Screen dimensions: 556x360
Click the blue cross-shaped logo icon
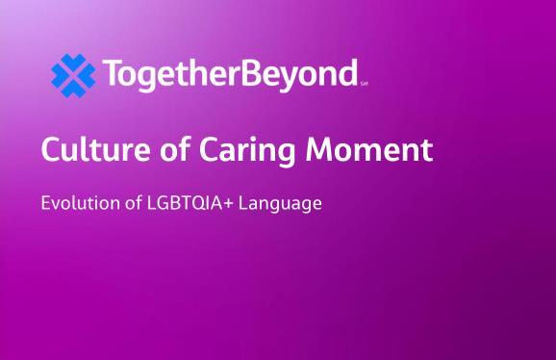click(73, 75)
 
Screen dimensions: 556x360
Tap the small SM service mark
click(364, 84)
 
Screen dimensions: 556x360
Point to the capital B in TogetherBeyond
click(254, 72)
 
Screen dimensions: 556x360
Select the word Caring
click(247, 151)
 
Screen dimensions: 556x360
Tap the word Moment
click(369, 149)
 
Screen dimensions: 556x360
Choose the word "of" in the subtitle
click(134, 202)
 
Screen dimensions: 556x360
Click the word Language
click(280, 205)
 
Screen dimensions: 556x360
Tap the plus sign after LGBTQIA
click(229, 204)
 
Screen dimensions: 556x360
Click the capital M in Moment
click(318, 149)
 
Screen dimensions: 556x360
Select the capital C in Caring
click(210, 149)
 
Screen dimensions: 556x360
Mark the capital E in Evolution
click(46, 203)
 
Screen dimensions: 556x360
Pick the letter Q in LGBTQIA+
click(197, 204)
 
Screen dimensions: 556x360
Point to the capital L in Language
click(243, 203)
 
